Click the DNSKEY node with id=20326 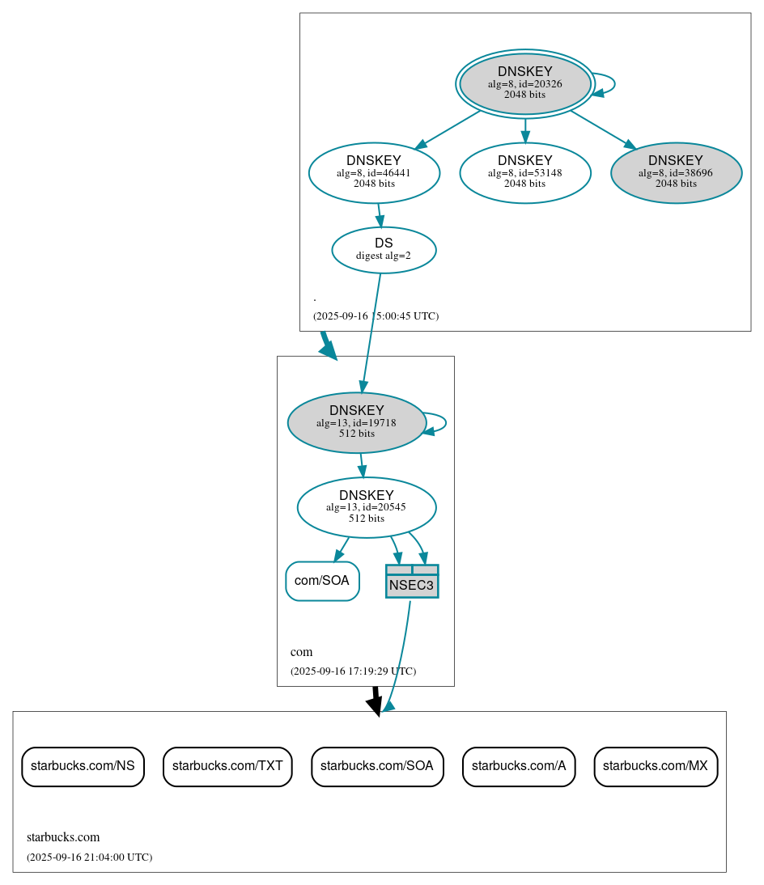tap(524, 83)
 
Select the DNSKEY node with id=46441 tap(374, 172)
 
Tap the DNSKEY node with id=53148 tap(524, 172)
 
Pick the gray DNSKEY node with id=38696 tap(676, 172)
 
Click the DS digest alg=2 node tap(384, 249)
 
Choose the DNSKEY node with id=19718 tap(356, 422)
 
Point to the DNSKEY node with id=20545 tap(367, 507)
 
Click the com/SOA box tap(322, 581)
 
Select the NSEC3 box tap(412, 582)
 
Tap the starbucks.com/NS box tap(83, 766)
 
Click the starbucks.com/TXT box tap(227, 766)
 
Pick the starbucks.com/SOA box tap(377, 766)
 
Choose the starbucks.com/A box tap(519, 766)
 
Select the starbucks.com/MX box tap(656, 766)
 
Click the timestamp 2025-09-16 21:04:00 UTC tap(89, 857)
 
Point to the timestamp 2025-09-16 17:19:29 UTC tap(353, 671)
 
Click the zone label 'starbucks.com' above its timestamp tap(63, 837)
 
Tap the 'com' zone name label tap(301, 652)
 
